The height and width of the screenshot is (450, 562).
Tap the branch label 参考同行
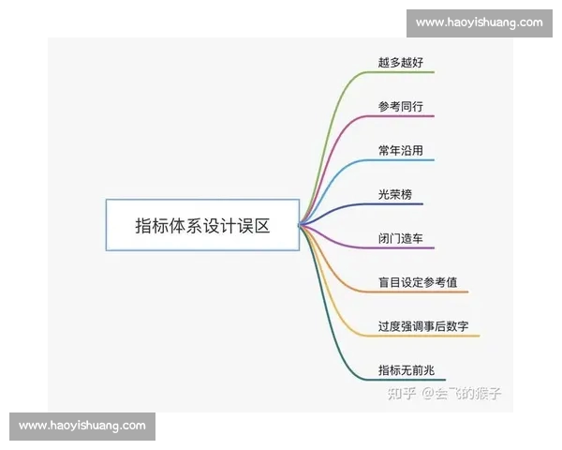point(400,107)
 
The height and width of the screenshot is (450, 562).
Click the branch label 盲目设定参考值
point(417,282)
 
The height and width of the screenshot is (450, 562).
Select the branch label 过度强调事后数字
point(429,326)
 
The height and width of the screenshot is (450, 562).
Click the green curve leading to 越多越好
point(330,112)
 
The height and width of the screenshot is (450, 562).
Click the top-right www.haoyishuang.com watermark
point(479,22)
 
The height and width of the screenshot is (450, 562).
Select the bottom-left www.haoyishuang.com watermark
point(82,426)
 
